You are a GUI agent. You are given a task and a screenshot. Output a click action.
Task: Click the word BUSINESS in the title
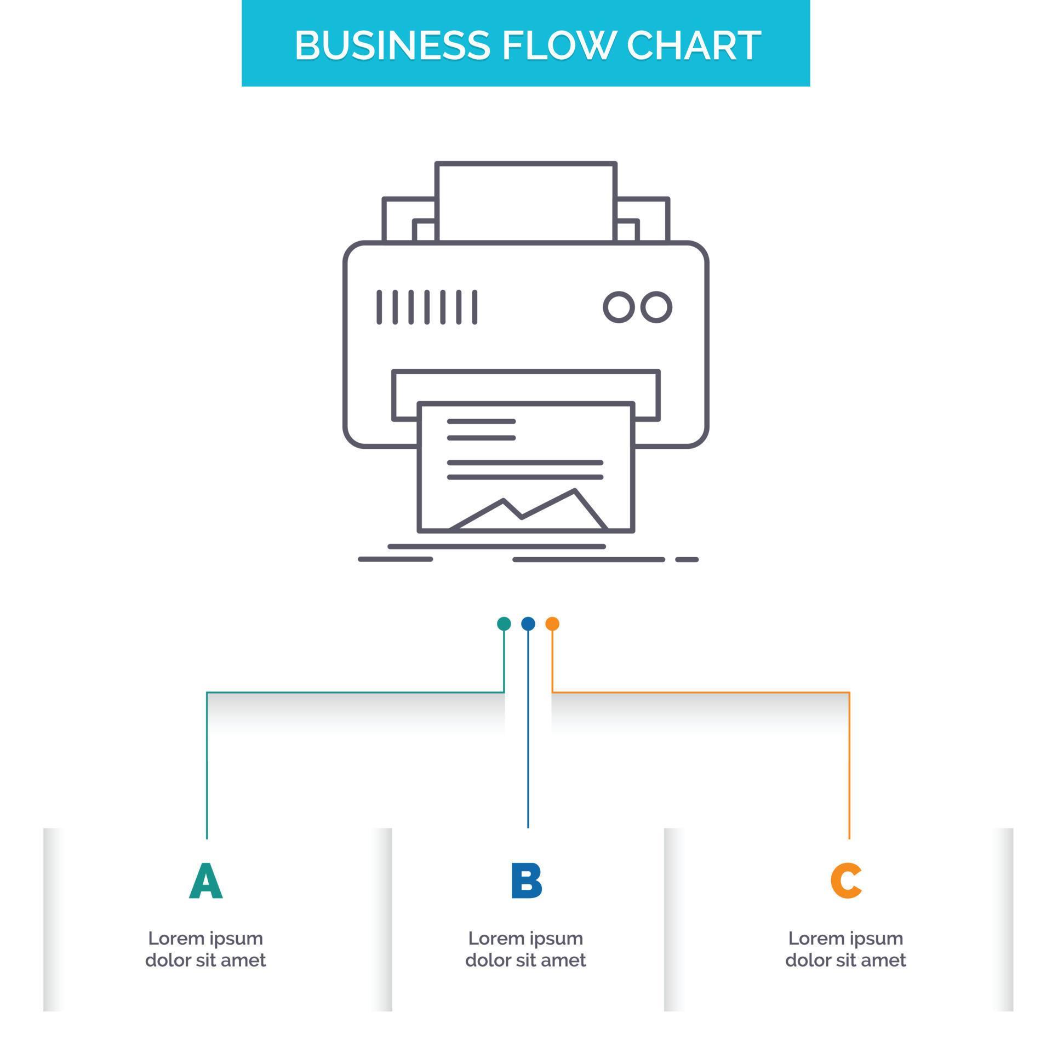(x=392, y=45)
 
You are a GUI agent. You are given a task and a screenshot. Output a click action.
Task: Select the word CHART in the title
(x=694, y=45)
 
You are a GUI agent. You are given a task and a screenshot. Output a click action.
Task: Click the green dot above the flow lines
(x=504, y=624)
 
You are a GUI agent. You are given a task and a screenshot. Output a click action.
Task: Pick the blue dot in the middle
(x=528, y=624)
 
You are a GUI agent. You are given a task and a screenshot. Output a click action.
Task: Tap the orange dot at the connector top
(x=552, y=624)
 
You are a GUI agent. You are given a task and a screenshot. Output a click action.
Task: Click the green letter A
(x=206, y=881)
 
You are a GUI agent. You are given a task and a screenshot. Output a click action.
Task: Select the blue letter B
(x=526, y=881)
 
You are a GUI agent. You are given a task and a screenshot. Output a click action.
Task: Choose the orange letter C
(x=845, y=881)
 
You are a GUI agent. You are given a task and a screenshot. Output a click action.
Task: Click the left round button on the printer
(x=619, y=307)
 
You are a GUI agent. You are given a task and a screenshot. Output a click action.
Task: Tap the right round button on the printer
(x=656, y=307)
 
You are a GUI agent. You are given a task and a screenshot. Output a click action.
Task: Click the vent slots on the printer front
(x=427, y=307)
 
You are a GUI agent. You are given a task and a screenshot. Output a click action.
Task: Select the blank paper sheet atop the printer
(x=526, y=202)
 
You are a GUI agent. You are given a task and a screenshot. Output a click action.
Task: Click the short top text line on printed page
(x=481, y=421)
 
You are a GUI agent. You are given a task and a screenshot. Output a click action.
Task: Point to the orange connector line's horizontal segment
(x=701, y=693)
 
